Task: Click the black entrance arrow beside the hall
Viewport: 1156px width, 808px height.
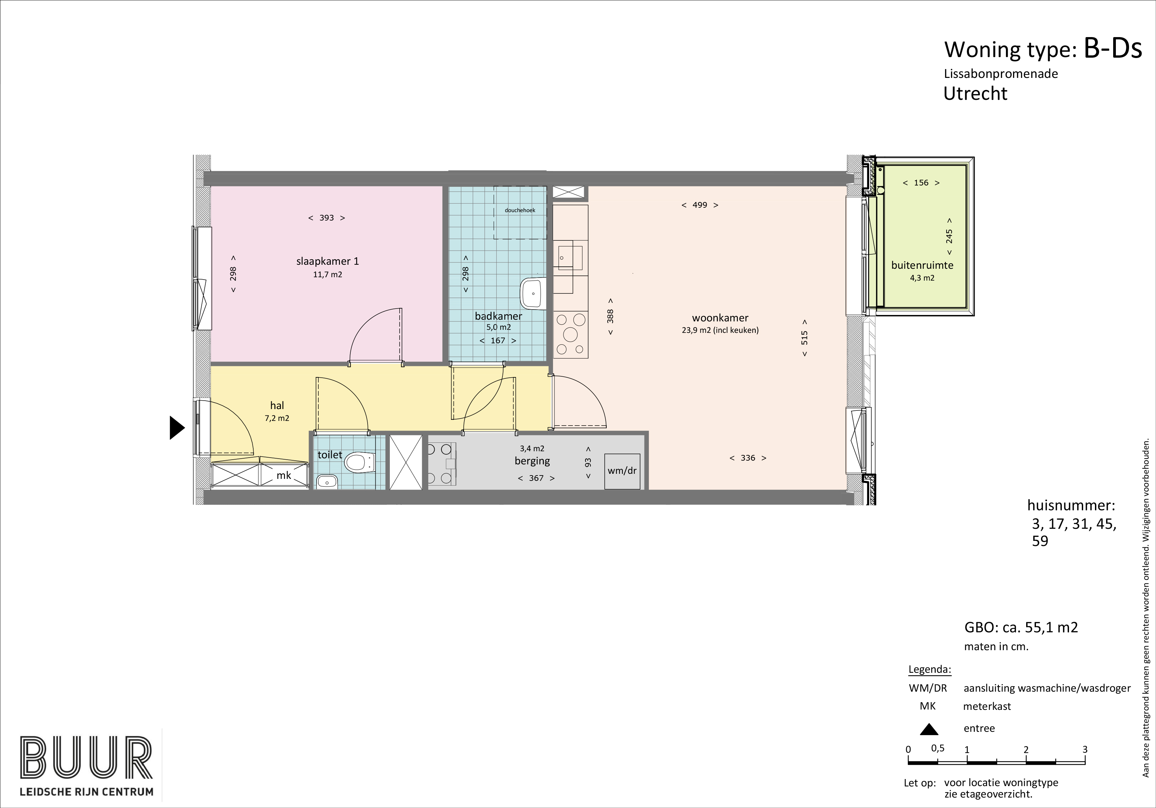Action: coord(177,428)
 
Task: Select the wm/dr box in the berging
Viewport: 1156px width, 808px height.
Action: coord(622,471)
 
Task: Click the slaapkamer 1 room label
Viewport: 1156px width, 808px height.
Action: coord(327,261)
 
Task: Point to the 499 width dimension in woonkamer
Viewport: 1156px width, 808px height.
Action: coord(700,205)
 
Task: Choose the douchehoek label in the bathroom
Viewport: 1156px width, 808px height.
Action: coord(520,210)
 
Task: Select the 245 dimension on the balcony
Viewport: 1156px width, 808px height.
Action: coord(949,237)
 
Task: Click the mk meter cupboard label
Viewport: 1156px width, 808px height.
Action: coord(284,475)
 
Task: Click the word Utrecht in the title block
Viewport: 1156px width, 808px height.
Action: coord(975,94)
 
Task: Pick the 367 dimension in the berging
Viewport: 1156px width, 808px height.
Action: coord(536,478)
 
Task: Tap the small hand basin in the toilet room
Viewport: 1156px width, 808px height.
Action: coord(327,482)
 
